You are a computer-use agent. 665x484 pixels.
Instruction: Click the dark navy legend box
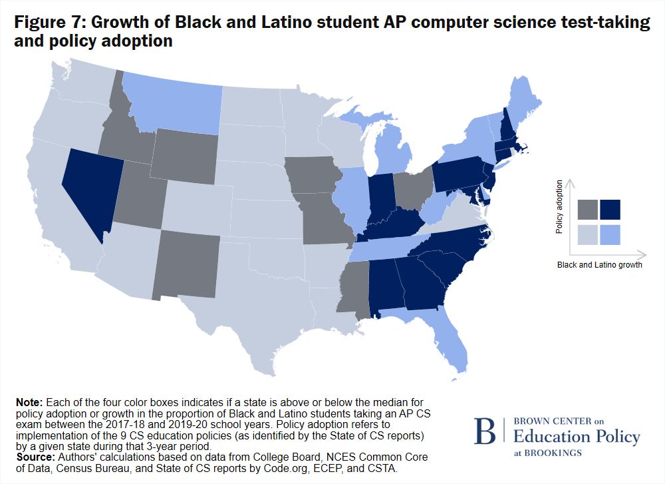[610, 210]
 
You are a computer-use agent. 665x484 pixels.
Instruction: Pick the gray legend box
[588, 210]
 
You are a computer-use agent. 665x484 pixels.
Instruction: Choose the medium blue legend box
[610, 234]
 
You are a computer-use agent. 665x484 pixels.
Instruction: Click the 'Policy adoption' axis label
[559, 206]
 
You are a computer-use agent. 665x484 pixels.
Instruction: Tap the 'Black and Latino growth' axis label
[599, 265]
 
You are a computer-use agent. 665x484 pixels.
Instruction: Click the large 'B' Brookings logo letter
[485, 432]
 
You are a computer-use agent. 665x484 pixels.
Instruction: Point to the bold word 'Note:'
[29, 403]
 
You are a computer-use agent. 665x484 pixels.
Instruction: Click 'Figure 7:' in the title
[49, 22]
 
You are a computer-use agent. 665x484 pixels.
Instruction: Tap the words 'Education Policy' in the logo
[577, 437]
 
